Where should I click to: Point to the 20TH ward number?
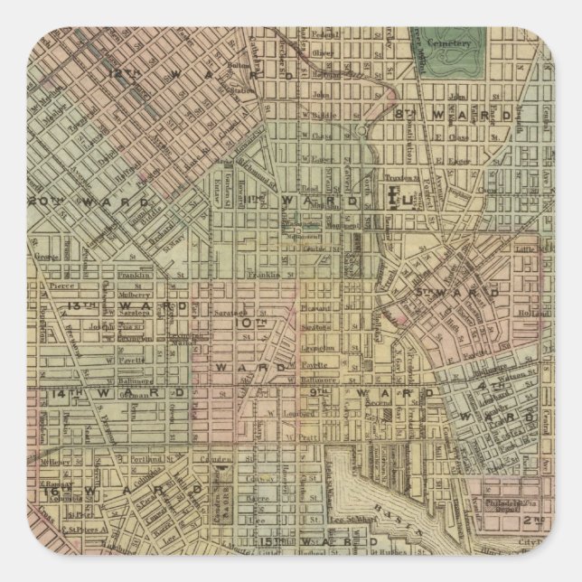[x=42, y=201]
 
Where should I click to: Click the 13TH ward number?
[x=74, y=306]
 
